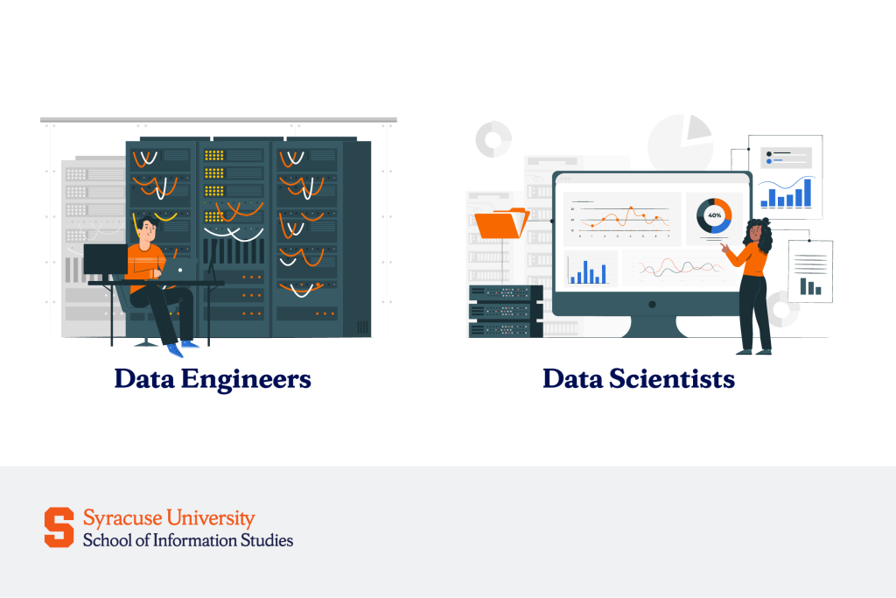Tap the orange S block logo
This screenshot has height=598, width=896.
pos(59,527)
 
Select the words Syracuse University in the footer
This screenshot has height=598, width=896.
pos(169,517)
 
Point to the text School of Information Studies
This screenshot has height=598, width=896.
pos(188,540)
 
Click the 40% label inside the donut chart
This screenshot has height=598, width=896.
pos(714,215)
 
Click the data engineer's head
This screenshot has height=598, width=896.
pos(148,231)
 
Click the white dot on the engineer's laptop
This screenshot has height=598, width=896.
pos(180,270)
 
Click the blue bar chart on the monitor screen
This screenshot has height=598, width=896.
pos(589,271)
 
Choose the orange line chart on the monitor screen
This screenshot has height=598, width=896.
pos(623,216)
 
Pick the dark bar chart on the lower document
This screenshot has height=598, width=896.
pos(810,285)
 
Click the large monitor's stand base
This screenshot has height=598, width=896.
pos(652,330)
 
